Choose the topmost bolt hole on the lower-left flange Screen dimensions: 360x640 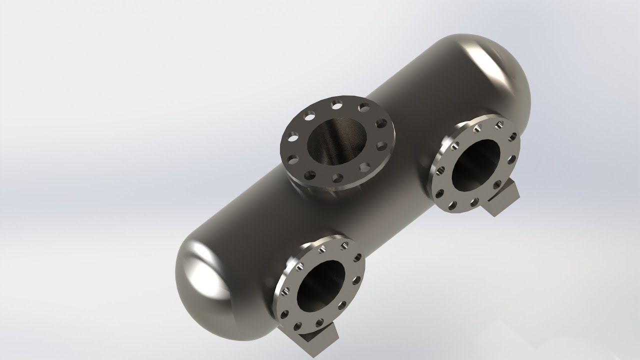point(344,245)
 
